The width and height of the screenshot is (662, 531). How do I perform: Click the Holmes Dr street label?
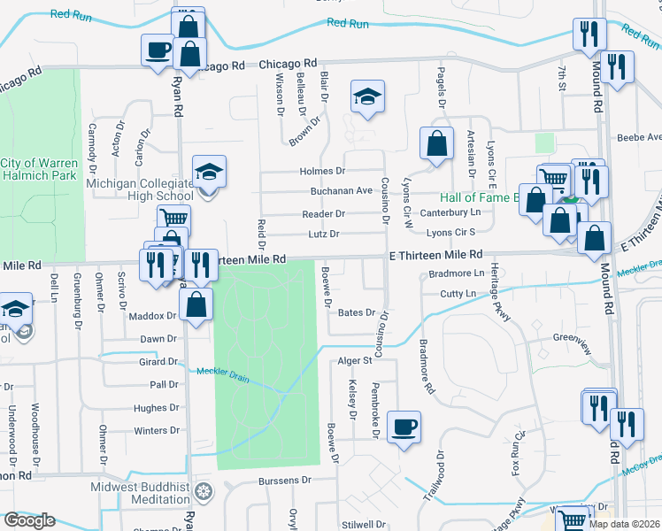(x=322, y=171)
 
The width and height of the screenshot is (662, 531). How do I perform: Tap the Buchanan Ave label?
(x=341, y=190)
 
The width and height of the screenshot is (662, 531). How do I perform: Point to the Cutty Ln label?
(x=458, y=293)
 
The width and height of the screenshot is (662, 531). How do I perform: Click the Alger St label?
(x=355, y=361)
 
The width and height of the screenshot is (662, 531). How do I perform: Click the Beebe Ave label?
(x=639, y=138)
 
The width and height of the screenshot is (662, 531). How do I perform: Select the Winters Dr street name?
(x=156, y=431)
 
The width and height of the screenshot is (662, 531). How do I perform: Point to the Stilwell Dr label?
(x=361, y=524)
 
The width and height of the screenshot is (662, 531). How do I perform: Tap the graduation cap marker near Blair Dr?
(x=367, y=97)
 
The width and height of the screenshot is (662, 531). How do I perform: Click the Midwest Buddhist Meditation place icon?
(x=204, y=491)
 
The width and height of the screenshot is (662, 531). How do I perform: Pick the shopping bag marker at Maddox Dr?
(x=196, y=304)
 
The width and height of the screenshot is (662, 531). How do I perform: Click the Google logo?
(x=29, y=520)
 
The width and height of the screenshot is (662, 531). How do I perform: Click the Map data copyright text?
(x=625, y=524)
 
